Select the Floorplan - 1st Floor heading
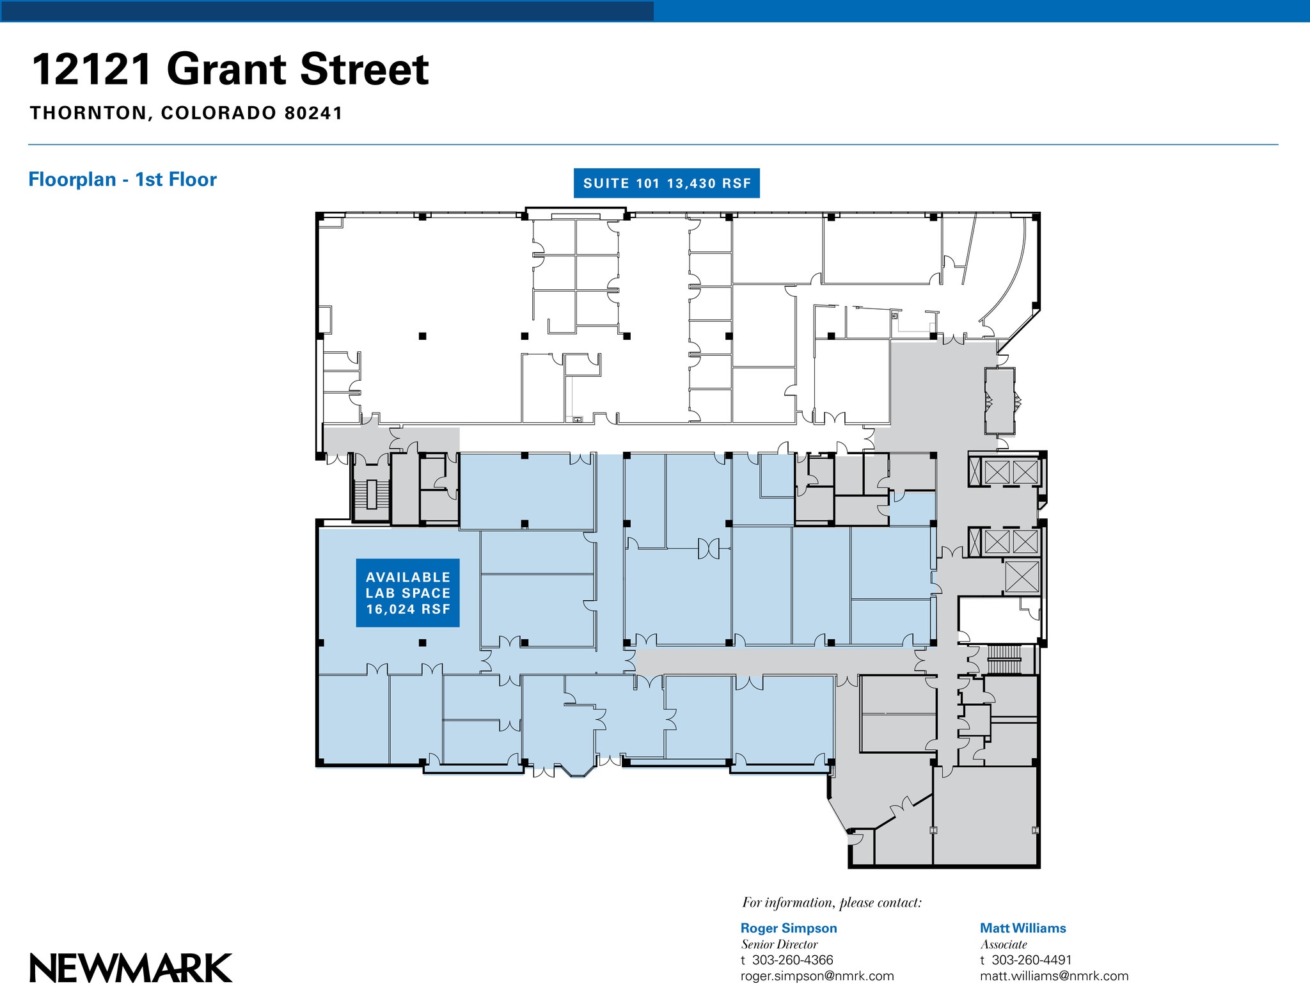(x=122, y=180)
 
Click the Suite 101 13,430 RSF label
(x=667, y=184)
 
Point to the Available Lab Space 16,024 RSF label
(x=407, y=593)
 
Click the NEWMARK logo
(x=131, y=968)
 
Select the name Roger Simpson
(x=788, y=928)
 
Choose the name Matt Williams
(x=1022, y=928)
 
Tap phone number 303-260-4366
(x=792, y=960)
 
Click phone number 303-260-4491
(x=1031, y=960)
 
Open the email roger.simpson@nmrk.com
(x=817, y=976)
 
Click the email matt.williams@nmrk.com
(x=1054, y=976)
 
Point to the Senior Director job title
(x=779, y=944)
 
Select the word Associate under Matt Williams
(x=1003, y=944)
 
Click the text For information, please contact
(x=832, y=902)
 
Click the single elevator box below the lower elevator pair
(x=1022, y=576)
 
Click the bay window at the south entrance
(x=574, y=770)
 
